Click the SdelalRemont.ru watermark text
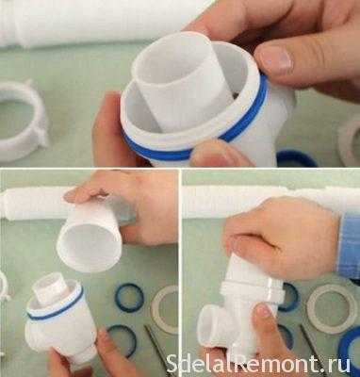258,364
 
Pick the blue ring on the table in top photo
297,158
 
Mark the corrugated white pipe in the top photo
94,22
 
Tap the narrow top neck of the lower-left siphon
50,288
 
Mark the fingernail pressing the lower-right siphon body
263,312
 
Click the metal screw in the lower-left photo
156,347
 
